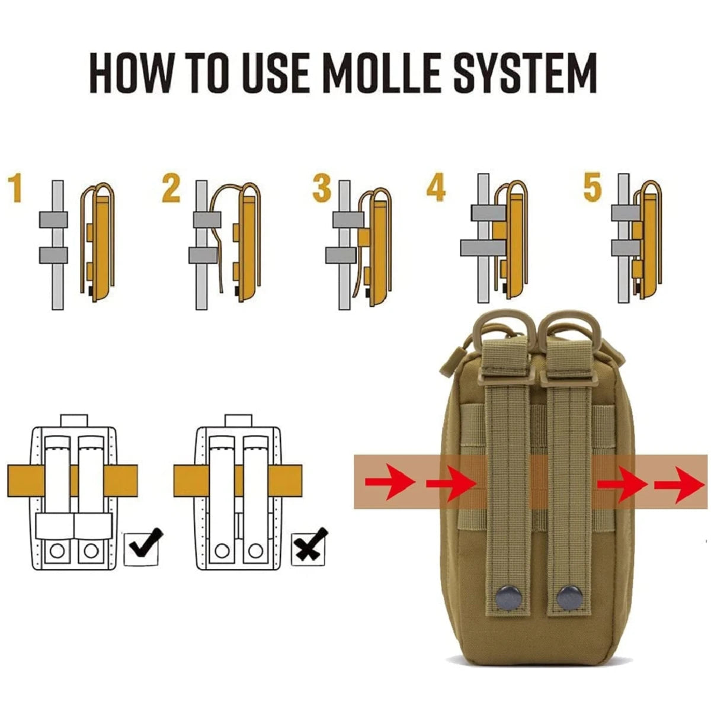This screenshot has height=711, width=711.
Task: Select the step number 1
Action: click(16, 189)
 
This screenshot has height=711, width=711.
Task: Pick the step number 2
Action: click(171, 189)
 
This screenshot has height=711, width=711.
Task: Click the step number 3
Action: click(322, 189)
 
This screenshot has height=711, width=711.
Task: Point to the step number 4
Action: click(435, 188)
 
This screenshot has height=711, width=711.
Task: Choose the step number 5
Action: click(592, 188)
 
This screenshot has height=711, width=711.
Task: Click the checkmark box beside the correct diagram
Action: click(142, 546)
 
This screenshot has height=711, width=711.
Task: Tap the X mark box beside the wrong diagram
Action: click(309, 546)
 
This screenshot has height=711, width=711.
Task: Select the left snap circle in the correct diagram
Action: click(57, 550)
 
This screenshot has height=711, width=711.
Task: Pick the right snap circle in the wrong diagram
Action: click(255, 550)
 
